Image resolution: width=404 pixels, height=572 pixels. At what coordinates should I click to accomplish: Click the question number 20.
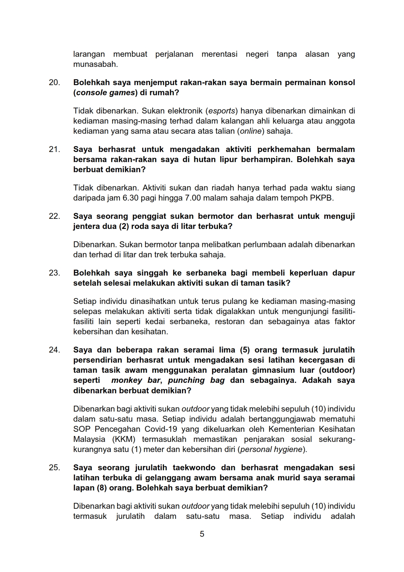54,83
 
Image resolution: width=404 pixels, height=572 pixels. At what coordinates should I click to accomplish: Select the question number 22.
54,216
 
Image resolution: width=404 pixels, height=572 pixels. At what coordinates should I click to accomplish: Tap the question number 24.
54,350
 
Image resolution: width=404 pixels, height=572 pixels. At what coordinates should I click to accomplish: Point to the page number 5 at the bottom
202,534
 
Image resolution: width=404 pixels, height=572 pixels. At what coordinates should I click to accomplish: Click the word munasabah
95,64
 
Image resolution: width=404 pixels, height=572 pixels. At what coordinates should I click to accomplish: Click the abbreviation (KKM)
124,439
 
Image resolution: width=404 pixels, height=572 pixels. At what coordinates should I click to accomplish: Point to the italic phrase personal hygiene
271,449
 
